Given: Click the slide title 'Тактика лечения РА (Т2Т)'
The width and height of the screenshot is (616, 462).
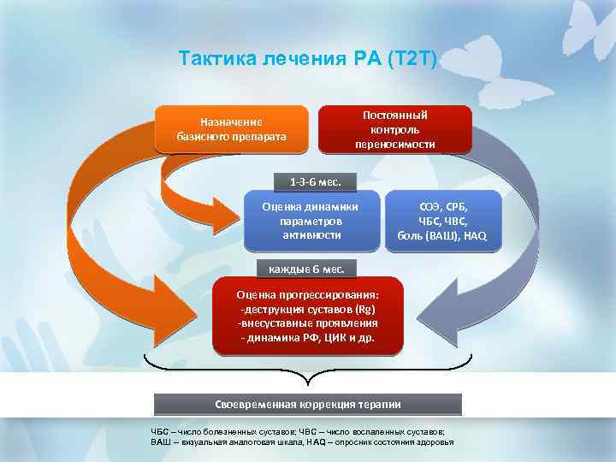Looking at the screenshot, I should click(308, 59).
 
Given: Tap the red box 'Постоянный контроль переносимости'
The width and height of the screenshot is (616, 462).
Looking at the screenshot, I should click(394, 129).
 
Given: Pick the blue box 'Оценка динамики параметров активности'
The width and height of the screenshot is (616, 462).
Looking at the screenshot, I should click(310, 221).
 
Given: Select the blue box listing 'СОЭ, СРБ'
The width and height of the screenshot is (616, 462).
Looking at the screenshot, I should click(443, 221).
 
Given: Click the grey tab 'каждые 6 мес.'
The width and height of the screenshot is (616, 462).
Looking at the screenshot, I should click(307, 269).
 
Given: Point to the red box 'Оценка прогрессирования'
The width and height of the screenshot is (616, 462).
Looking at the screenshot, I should click(307, 316).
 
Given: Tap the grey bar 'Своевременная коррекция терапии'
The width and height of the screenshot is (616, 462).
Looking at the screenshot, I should click(307, 404).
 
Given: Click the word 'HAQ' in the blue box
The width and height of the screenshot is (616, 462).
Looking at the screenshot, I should click(473, 235).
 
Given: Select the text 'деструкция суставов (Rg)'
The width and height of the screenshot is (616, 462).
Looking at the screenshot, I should click(308, 309).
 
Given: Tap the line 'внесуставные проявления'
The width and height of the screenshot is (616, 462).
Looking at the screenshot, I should click(307, 323).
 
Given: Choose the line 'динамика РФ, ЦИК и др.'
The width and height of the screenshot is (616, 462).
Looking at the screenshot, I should click(307, 338).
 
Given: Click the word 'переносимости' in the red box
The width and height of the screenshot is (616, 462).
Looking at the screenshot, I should click(394, 144).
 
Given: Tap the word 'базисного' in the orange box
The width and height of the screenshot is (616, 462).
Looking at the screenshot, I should click(204, 136).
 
